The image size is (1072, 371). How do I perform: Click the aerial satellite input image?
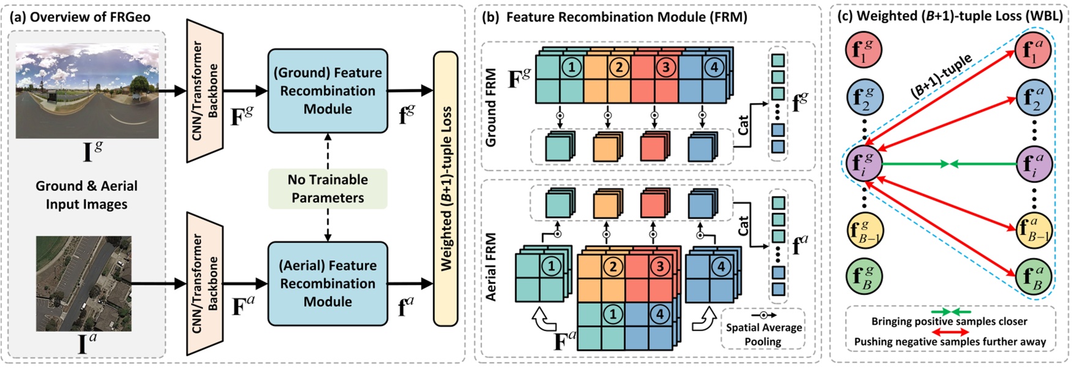click(x=83, y=283)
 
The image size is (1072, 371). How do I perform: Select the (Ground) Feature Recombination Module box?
click(x=327, y=91)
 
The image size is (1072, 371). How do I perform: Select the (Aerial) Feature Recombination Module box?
click(x=327, y=283)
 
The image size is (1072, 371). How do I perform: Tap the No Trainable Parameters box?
click(x=327, y=189)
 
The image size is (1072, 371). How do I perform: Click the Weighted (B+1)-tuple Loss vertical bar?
click(x=445, y=189)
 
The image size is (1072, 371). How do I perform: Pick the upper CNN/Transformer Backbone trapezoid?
click(x=205, y=91)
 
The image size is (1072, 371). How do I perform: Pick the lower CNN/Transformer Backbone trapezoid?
click(x=205, y=283)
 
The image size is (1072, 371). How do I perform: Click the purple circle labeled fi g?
click(x=863, y=164)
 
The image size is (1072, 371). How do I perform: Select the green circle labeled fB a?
click(x=1033, y=277)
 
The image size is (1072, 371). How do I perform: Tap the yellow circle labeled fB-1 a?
click(x=1033, y=230)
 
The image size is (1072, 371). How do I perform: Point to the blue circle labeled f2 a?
click(x=1033, y=98)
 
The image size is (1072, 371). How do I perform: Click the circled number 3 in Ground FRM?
click(x=666, y=66)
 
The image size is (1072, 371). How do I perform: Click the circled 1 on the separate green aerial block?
click(x=551, y=266)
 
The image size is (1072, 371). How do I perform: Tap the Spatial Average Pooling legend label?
click(x=763, y=334)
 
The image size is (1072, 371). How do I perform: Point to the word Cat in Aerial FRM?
click(x=743, y=226)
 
